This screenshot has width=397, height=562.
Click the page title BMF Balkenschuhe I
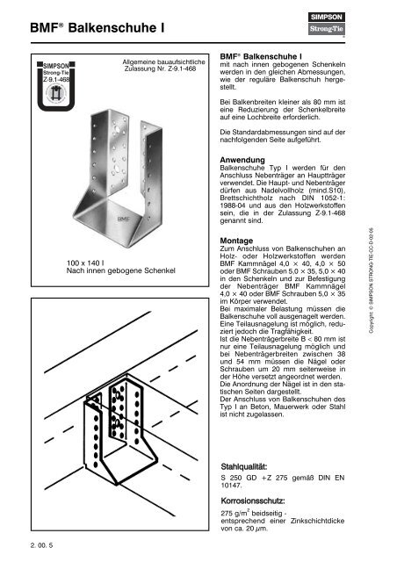[97, 27]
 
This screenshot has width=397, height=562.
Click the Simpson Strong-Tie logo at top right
[327, 24]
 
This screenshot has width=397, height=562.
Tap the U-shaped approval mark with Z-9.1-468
[56, 86]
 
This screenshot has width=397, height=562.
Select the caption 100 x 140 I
[85, 263]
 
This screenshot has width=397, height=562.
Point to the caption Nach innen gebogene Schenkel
[121, 270]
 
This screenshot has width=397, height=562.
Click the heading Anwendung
[242, 160]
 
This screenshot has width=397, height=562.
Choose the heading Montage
[236, 241]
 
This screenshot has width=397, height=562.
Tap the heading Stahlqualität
[244, 466]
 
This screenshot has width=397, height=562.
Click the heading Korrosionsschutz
[253, 501]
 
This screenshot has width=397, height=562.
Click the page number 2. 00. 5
[41, 545]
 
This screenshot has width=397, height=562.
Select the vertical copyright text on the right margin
[372, 280]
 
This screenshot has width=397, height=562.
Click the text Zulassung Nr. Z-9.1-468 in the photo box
[160, 68]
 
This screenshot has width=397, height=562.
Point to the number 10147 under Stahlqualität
[231, 486]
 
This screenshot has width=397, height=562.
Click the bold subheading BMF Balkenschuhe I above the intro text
[261, 56]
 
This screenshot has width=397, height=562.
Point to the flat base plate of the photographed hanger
[107, 222]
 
